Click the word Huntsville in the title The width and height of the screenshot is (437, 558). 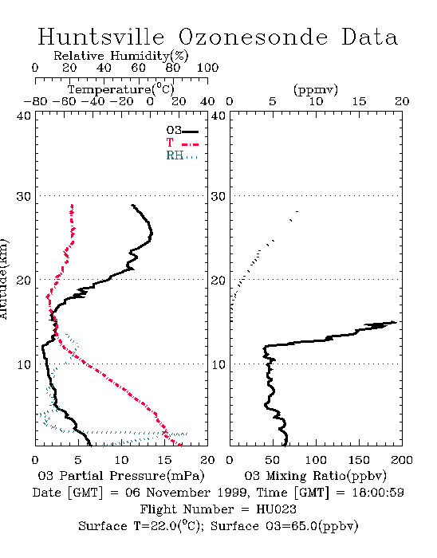point(101,37)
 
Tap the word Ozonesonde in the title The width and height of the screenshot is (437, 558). point(253,37)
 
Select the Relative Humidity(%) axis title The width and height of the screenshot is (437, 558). point(121,56)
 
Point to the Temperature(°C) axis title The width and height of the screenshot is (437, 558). point(121,89)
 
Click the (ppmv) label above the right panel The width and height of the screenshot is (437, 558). point(316,89)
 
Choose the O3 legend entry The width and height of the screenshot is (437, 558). point(182,131)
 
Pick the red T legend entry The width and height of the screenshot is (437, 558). point(182,143)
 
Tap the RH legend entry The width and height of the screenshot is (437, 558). point(182,155)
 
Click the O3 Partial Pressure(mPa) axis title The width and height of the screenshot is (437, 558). point(121,476)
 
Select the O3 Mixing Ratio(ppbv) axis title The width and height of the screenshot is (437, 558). point(315,476)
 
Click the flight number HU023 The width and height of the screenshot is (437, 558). point(276,509)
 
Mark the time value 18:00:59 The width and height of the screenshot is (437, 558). point(378,493)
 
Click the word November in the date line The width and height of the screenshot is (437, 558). point(179,493)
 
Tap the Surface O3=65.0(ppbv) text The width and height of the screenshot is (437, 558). point(285,526)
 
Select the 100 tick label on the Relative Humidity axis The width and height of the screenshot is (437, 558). point(207,68)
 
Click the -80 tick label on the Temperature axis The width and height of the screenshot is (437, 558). point(35,102)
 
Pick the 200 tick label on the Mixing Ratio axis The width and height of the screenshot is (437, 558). point(402,460)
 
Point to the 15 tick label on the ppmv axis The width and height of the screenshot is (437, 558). point(359,102)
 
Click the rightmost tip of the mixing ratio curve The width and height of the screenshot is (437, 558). point(396,322)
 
